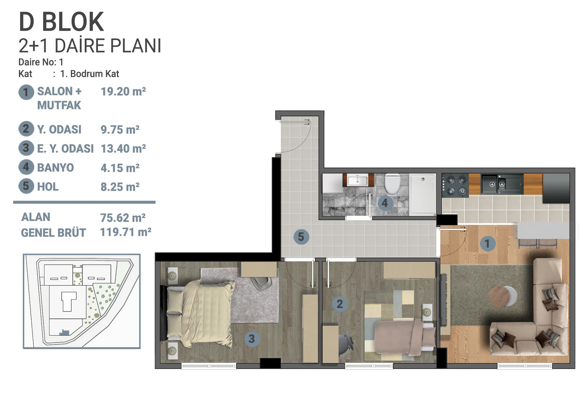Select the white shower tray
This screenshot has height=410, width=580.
(422, 194)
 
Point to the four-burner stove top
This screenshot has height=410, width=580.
(455, 184)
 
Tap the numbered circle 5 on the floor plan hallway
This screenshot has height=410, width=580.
(301, 237)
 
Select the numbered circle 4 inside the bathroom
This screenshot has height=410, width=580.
(385, 203)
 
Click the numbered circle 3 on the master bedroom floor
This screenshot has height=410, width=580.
(252, 339)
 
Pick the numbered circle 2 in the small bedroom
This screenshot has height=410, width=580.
(340, 304)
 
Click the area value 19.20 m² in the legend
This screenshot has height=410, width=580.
(123, 91)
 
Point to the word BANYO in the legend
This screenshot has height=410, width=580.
(56, 168)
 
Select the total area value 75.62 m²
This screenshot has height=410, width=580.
(123, 218)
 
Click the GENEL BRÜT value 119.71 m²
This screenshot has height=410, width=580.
(126, 232)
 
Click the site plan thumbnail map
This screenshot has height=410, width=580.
(82, 301)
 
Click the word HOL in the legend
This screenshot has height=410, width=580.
(48, 187)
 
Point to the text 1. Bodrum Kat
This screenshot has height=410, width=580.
(89, 74)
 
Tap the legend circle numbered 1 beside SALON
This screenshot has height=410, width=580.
(26, 92)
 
